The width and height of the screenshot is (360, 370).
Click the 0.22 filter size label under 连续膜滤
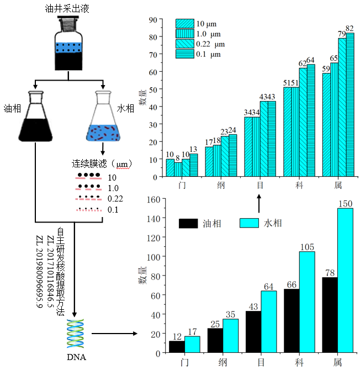(114, 199)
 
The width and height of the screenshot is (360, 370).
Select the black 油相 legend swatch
(188, 223)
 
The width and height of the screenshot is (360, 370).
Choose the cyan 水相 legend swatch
(250, 223)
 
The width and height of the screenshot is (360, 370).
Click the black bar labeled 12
(177, 347)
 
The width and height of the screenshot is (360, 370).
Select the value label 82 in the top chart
(350, 29)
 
